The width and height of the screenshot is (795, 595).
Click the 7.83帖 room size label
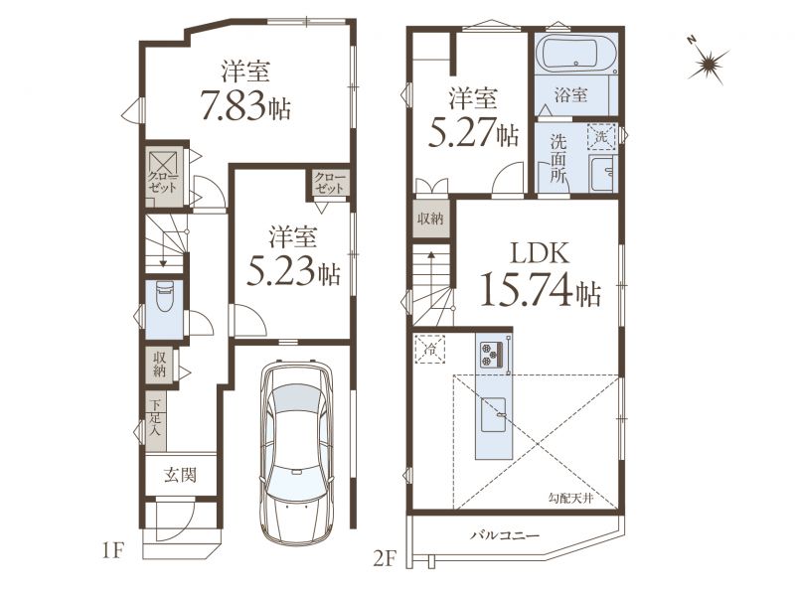click(x=245, y=105)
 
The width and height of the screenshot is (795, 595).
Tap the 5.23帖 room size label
click(x=293, y=274)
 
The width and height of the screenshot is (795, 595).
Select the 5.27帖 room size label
click(x=473, y=133)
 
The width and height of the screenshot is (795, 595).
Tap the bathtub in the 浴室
click(x=577, y=52)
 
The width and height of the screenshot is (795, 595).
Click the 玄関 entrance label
click(x=181, y=475)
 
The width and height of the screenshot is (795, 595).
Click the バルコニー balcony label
click(x=505, y=535)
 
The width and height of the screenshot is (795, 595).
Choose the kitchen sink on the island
click(x=493, y=414)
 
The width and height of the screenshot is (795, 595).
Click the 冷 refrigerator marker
click(x=430, y=349)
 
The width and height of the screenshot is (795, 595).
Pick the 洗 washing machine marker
click(x=601, y=136)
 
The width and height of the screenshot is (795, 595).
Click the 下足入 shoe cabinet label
click(x=156, y=418)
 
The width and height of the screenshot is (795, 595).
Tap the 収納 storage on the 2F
click(x=430, y=219)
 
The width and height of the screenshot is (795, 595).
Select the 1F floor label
click(x=112, y=551)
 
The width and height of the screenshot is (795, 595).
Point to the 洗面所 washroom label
click(x=558, y=158)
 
